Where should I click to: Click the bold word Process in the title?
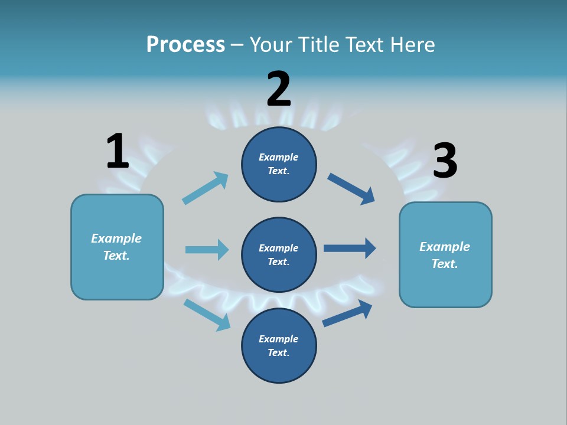click(185, 44)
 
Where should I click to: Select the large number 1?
click(118, 151)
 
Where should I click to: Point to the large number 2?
click(279, 89)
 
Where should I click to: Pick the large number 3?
click(445, 161)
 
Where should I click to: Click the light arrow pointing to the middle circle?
click(207, 250)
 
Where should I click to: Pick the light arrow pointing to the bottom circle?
click(207, 315)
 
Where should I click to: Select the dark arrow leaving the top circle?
click(351, 189)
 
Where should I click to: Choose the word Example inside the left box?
click(116, 238)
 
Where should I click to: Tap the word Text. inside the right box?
click(445, 264)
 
